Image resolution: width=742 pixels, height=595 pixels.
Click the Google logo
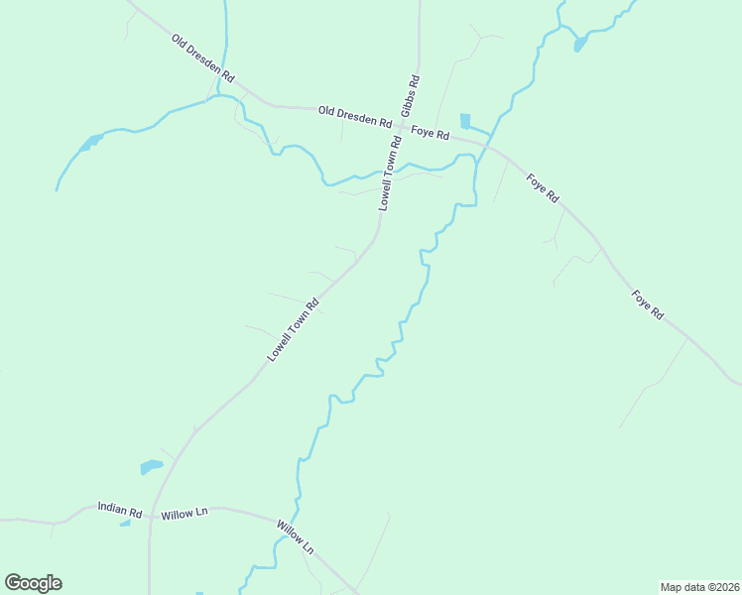coord(33,583)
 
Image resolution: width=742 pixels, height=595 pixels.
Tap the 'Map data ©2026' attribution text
coord(699,586)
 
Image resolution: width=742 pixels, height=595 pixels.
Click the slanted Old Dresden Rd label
coord(202,59)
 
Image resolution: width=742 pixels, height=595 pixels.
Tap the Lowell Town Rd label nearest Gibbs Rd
coord(391,172)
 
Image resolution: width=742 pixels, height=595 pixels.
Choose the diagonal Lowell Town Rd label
coord(294,329)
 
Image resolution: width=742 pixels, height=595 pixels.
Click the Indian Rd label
coord(120,509)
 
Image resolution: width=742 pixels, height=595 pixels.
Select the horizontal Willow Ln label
coord(185,513)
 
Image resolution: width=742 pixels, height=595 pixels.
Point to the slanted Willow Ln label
coord(296,536)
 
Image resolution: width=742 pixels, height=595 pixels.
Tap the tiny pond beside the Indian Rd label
coord(125,523)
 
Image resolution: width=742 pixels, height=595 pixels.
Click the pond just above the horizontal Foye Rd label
coord(466,121)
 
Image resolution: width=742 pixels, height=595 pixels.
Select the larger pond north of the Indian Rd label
coord(151,465)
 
